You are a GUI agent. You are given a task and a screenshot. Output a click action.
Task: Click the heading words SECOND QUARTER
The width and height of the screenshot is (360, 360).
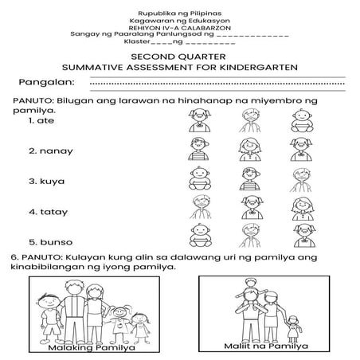coord(179,57)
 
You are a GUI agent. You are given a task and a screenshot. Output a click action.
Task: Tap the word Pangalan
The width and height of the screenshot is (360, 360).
coord(47,82)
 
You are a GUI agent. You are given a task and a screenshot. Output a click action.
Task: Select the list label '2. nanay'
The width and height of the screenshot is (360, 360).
coord(47,150)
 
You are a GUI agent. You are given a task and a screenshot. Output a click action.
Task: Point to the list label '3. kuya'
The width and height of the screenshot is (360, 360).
coord(45,181)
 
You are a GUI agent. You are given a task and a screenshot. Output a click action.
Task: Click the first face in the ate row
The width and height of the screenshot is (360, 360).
coord(198,119)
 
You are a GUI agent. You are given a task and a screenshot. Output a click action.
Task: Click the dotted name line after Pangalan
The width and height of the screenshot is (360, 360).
coord(215,82)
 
